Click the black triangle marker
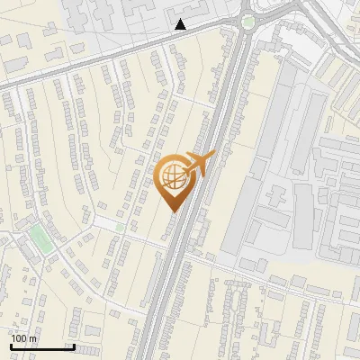click(x=181, y=24)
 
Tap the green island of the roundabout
click(x=247, y=22)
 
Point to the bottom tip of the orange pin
click(x=173, y=211)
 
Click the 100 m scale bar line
click(x=41, y=346)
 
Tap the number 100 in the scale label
click(x=19, y=338)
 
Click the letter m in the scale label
click(x=33, y=338)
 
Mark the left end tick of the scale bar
click(x=11, y=345)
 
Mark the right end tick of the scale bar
click(x=73, y=345)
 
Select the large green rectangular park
click(x=40, y=239)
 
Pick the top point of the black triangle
click(x=181, y=19)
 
